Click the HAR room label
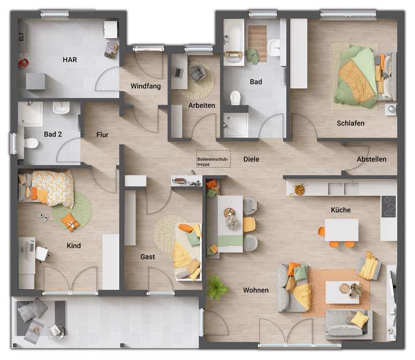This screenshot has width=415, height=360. (x=70, y=59)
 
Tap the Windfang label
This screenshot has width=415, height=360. (x=145, y=86)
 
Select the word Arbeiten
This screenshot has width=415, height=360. (x=202, y=105)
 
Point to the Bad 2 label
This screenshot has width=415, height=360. (x=52, y=134)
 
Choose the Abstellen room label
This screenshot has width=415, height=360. (x=371, y=159)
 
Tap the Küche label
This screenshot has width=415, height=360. (x=340, y=210)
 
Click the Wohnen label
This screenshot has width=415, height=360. (x=255, y=290)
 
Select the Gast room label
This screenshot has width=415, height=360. (x=148, y=257)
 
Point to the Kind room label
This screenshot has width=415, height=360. (x=74, y=246)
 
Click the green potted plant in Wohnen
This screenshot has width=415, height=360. (x=217, y=286)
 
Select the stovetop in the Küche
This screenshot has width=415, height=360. (x=389, y=205)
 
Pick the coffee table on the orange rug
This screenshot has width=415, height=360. (x=342, y=292)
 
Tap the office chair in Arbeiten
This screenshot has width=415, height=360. (x=197, y=73)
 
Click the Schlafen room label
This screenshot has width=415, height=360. (x=350, y=123)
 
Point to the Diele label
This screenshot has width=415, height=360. (x=251, y=159)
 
